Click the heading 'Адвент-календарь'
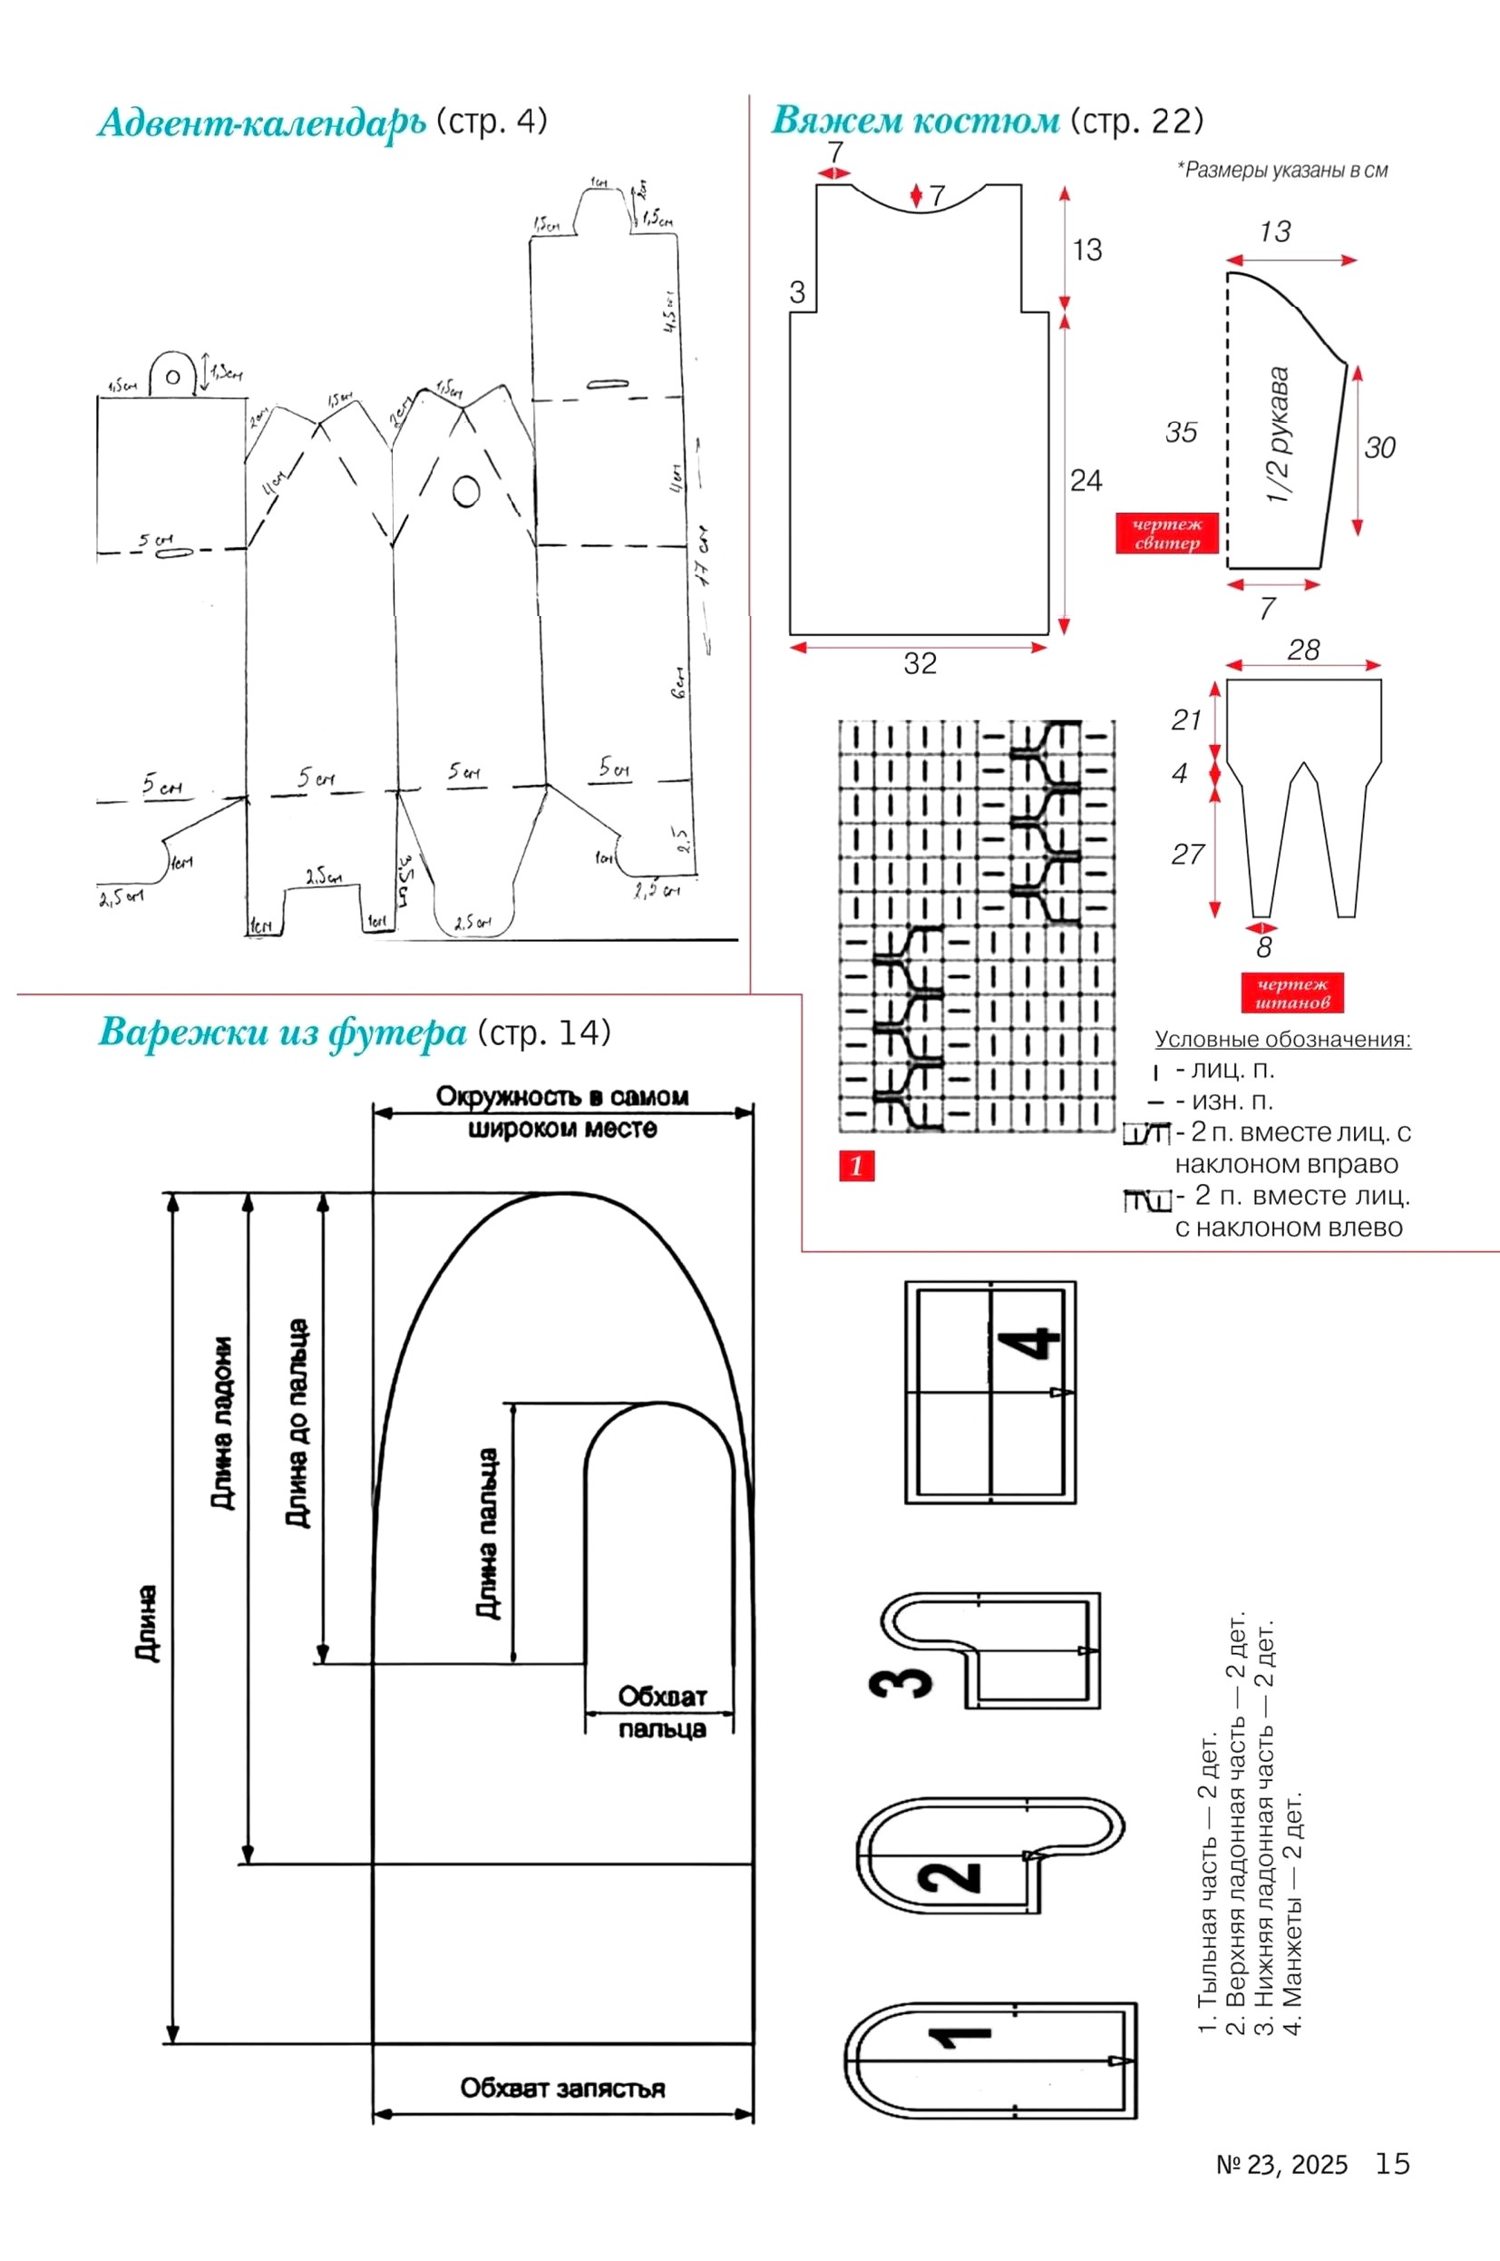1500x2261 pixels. (261, 123)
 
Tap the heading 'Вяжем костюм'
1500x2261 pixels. (914, 122)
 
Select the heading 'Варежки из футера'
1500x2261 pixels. (281, 1033)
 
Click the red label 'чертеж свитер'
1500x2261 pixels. (1166, 533)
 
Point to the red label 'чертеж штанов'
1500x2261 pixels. (1291, 993)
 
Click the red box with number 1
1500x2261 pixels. (856, 1165)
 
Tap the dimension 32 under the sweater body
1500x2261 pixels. (920, 663)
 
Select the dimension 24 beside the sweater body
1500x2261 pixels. (1086, 480)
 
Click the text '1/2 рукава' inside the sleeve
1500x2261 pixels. (1278, 436)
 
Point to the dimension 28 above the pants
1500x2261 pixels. (1303, 651)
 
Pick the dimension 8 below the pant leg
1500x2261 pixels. (1263, 947)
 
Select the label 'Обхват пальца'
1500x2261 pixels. (661, 1712)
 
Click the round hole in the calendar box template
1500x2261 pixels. (466, 492)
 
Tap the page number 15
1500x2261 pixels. (1392, 2164)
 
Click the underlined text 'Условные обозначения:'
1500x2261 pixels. (1281, 1039)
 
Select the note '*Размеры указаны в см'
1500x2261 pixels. (1281, 171)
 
